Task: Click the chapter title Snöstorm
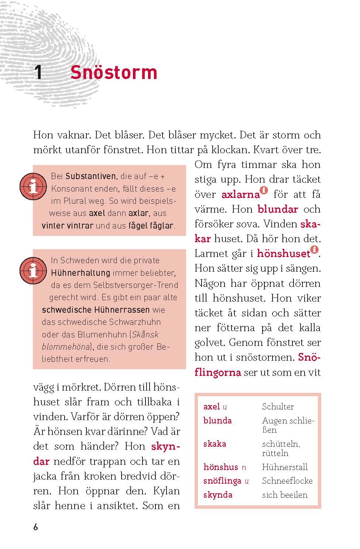pyautogui.click(x=114, y=72)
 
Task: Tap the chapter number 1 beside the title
pyautogui.click(x=38, y=73)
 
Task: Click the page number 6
pyautogui.click(x=35, y=527)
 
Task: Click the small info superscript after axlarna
pyautogui.click(x=264, y=191)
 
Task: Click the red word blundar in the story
pyautogui.click(x=278, y=209)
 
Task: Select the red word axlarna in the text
pyautogui.click(x=240, y=195)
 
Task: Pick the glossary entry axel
pyautogui.click(x=212, y=406)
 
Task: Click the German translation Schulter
pyautogui.click(x=278, y=406)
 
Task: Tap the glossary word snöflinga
pyautogui.click(x=222, y=481)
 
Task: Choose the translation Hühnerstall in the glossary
pyautogui.click(x=285, y=467)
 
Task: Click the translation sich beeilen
pyautogui.click(x=285, y=495)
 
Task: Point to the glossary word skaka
pyautogui.click(x=215, y=444)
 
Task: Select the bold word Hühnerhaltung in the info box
pyautogui.click(x=80, y=273)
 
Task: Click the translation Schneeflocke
pyautogui.click(x=287, y=481)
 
